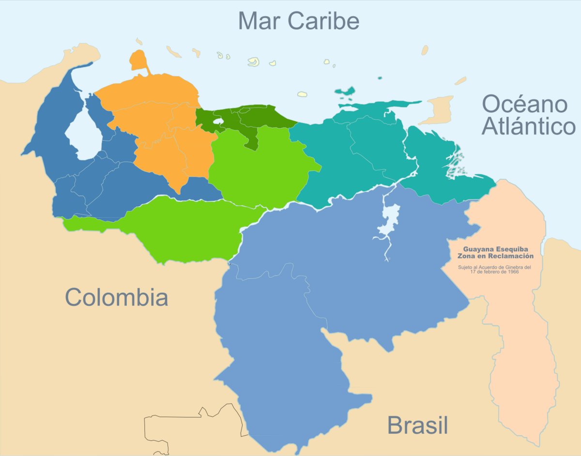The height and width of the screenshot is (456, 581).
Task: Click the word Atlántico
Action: click(529, 127)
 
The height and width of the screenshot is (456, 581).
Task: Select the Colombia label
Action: click(117, 297)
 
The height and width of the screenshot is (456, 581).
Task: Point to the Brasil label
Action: click(417, 426)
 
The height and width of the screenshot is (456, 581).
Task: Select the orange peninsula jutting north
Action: click(139, 61)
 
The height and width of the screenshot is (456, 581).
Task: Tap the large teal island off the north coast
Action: click(345, 91)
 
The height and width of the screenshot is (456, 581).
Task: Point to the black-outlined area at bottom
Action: click(194, 428)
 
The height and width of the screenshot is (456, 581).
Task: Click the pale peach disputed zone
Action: click(518, 339)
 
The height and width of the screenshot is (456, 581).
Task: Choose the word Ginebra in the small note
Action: click(515, 267)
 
